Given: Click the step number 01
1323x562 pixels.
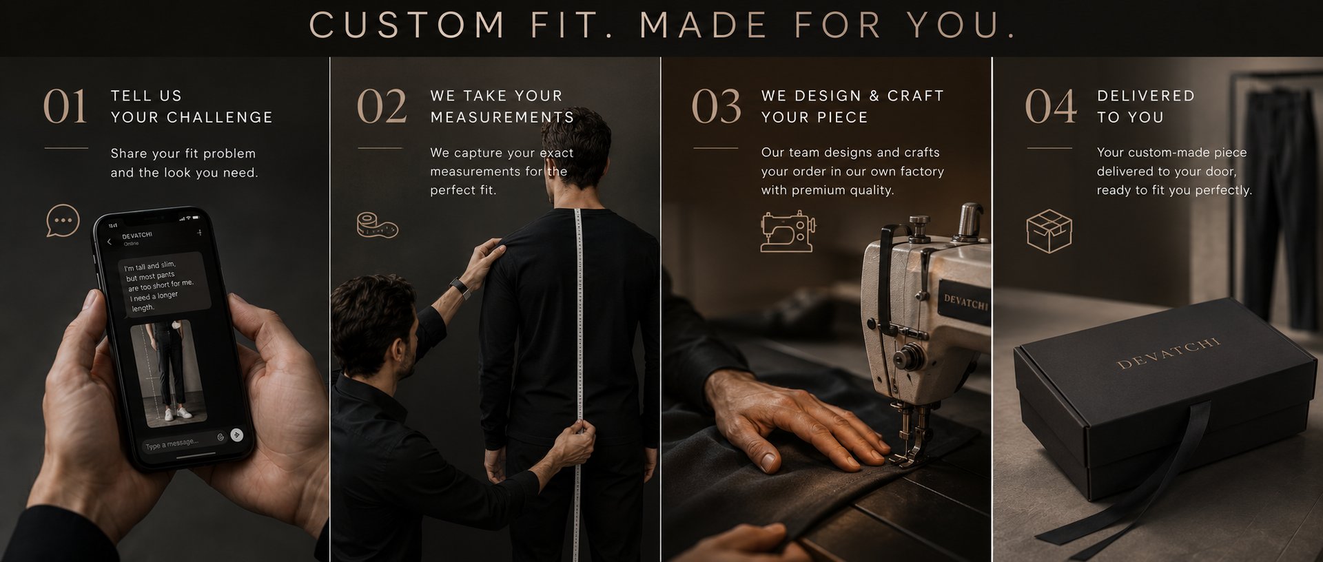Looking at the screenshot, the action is (65, 107).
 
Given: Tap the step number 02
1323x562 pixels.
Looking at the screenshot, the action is (382, 107).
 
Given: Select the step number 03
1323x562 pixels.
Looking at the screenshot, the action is (717, 107).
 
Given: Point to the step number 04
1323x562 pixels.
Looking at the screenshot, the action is (1050, 107).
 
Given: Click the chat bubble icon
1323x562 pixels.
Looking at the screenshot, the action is (63, 221).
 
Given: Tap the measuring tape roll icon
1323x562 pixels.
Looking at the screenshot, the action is (377, 225).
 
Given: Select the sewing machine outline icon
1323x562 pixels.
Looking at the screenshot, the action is (788, 231).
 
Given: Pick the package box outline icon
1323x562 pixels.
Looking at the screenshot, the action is (1049, 231).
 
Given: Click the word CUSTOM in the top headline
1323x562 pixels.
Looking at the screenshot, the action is (407, 26).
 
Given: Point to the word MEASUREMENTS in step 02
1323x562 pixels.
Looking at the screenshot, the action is (502, 117).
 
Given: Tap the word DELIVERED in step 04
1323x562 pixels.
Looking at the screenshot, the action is (1145, 96).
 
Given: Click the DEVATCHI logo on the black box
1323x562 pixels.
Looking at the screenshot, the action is (1168, 353).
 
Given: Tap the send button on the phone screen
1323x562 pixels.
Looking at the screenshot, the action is (236, 434).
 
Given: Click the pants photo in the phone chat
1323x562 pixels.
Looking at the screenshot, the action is (168, 373).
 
